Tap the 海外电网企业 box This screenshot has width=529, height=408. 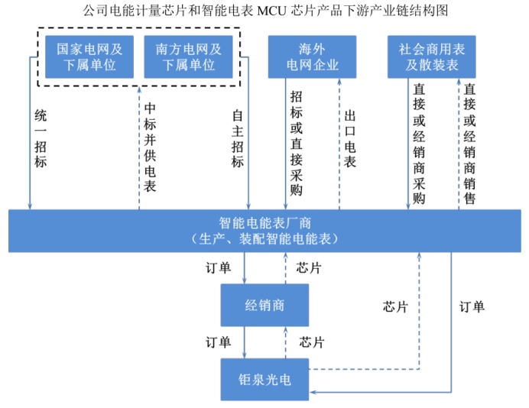pyautogui.click(x=312, y=57)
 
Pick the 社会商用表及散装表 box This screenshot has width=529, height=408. pyautogui.click(x=432, y=57)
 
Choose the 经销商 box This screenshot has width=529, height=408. pyautogui.click(x=264, y=306)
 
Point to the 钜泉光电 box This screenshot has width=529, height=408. pyautogui.click(x=264, y=379)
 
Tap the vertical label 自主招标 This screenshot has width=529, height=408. pyautogui.click(x=238, y=139)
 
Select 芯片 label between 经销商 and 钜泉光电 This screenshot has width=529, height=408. pyautogui.click(x=311, y=341)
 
